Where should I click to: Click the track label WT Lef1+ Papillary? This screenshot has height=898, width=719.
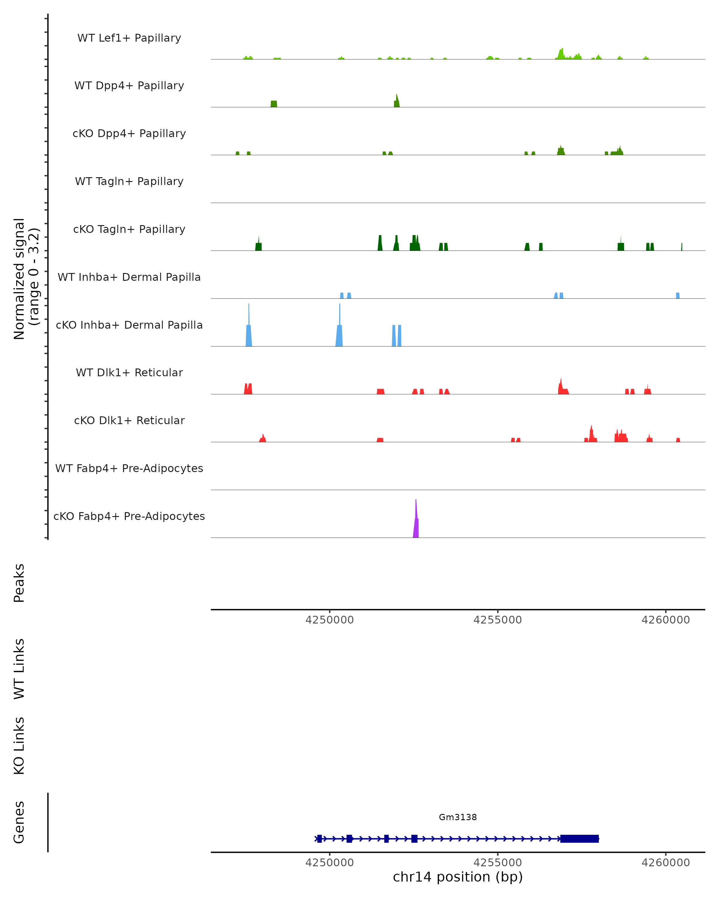129,38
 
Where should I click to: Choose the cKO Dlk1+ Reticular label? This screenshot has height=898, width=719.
129,420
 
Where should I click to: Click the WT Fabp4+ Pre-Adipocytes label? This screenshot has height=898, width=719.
129,468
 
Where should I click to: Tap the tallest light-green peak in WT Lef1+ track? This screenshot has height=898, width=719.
561,54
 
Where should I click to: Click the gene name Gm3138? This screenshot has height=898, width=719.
458,817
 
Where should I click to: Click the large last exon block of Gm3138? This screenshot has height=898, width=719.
579,838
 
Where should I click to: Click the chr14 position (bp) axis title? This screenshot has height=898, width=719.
458,877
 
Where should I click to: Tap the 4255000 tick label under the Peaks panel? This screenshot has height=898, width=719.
497,620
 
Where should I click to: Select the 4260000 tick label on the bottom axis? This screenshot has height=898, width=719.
666,863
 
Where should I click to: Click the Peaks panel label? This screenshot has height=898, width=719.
19,583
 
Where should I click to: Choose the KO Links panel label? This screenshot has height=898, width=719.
19,746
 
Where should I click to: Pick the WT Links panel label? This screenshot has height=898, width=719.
19,668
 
